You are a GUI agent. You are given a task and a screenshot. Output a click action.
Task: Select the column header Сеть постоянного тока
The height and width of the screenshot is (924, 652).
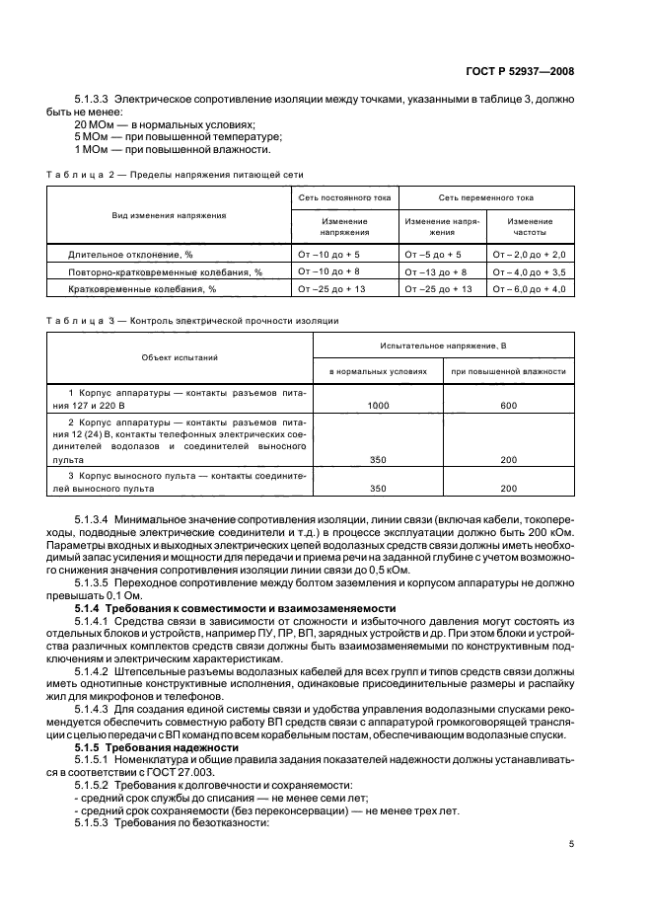344,198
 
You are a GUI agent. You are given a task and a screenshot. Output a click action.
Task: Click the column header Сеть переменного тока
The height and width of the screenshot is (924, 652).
486,198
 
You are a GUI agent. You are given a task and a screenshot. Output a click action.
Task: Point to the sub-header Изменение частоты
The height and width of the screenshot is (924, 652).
530,227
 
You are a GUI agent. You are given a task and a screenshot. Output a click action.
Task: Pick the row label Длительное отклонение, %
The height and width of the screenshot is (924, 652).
130,255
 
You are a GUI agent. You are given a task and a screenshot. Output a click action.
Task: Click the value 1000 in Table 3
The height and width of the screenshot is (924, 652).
377,406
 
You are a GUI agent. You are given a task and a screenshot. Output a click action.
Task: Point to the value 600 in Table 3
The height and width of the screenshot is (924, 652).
508,406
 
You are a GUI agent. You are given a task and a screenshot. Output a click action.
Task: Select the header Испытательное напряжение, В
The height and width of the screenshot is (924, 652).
443,346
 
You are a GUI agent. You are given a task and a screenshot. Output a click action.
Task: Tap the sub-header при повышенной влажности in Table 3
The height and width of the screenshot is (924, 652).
508,372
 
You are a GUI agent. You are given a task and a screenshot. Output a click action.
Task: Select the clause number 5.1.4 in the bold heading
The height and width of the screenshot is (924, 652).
90,607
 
